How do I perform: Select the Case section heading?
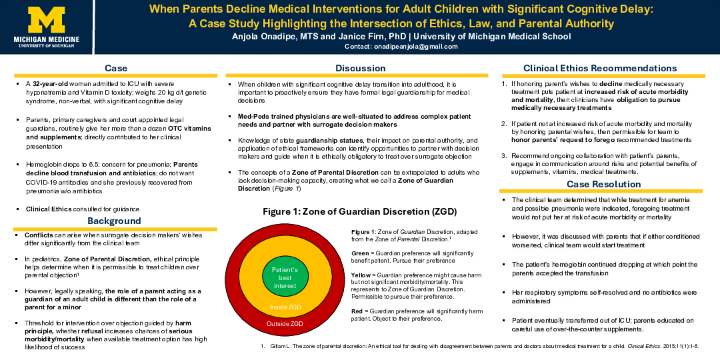coord(116,68)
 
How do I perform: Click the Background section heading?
coord(115,221)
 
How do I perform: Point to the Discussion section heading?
coord(360,68)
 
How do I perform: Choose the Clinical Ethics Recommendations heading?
coord(600,68)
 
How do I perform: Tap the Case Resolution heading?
coord(603,184)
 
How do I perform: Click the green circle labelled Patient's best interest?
coord(285,277)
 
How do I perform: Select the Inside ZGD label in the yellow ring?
coord(285,307)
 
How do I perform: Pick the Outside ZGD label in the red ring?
coord(285,323)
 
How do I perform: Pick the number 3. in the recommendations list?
coord(504,155)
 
